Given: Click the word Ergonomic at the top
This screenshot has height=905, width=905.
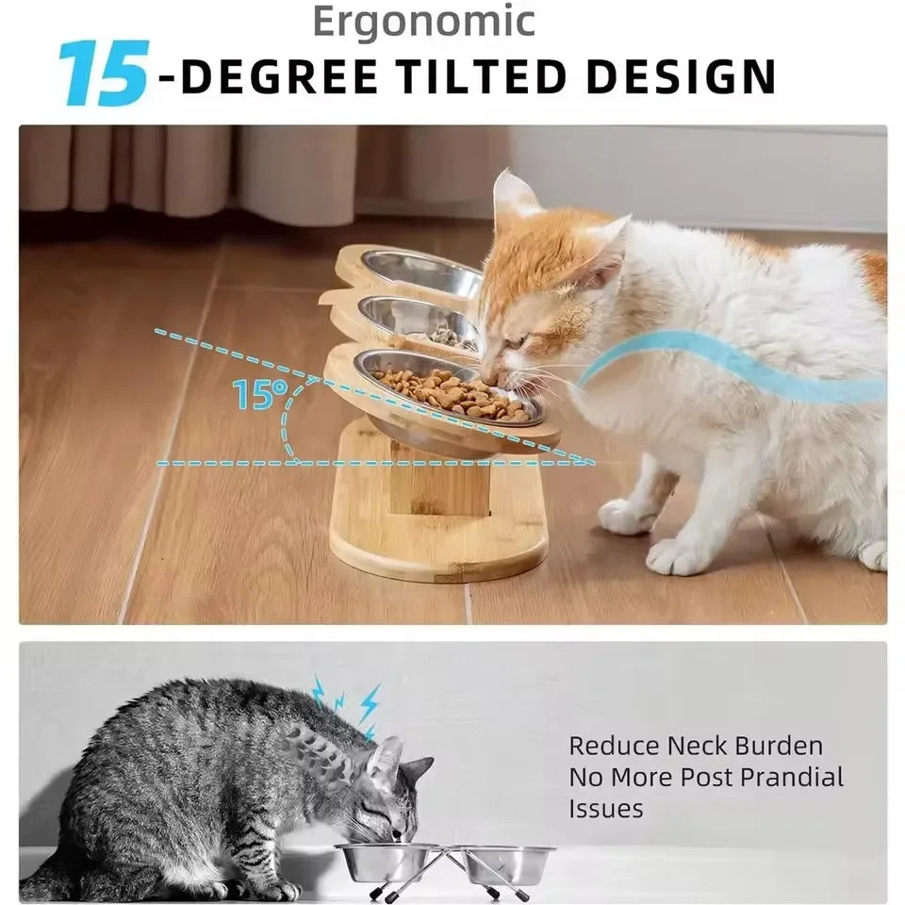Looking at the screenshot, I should tap(423, 22).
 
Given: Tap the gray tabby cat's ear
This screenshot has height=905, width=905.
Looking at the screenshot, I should tap(387, 760).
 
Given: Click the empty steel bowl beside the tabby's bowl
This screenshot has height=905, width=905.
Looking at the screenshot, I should tap(509, 863).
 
